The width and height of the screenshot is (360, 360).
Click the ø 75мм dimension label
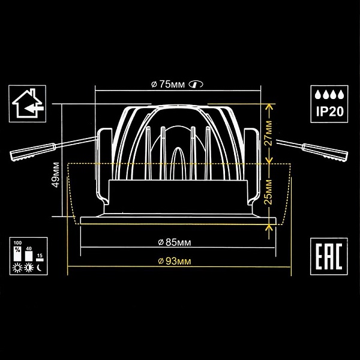(168, 85)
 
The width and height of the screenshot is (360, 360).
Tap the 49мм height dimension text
(56, 175)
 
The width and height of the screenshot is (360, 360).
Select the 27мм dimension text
(268, 133)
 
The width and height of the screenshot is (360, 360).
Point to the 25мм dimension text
(268, 192)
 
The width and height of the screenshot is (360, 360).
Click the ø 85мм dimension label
(175, 242)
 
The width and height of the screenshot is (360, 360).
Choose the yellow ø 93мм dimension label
(175, 261)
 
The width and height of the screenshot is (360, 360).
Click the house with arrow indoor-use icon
(28, 103)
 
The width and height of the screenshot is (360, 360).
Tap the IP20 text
(329, 112)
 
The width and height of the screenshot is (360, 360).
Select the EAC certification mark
(329, 256)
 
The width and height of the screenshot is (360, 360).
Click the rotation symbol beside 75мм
(196, 84)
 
